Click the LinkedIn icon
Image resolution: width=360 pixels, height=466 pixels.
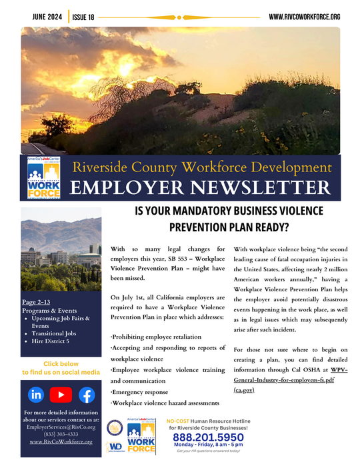[x=36, y=394]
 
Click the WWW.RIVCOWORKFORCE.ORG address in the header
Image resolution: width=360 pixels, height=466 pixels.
[x=304, y=16]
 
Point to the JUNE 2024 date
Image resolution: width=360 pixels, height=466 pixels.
[x=43, y=16]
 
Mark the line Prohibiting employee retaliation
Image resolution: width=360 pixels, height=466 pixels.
[x=155, y=337]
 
